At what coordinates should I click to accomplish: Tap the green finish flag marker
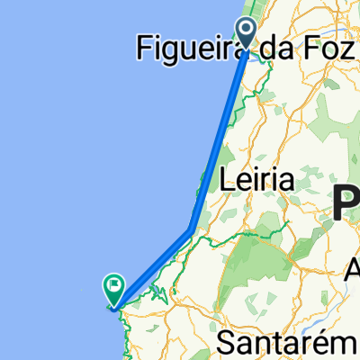(x=114, y=290)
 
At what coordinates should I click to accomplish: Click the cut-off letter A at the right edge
(x=353, y=268)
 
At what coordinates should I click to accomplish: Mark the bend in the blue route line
(x=190, y=229)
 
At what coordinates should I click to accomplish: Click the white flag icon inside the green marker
(x=114, y=288)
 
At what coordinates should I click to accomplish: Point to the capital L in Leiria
(x=229, y=180)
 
